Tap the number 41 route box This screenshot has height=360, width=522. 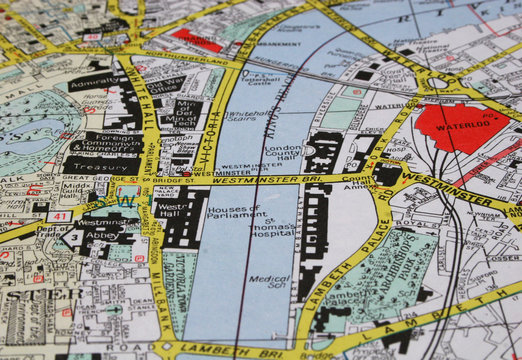[59, 215]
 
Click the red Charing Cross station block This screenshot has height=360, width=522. [196, 40]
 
